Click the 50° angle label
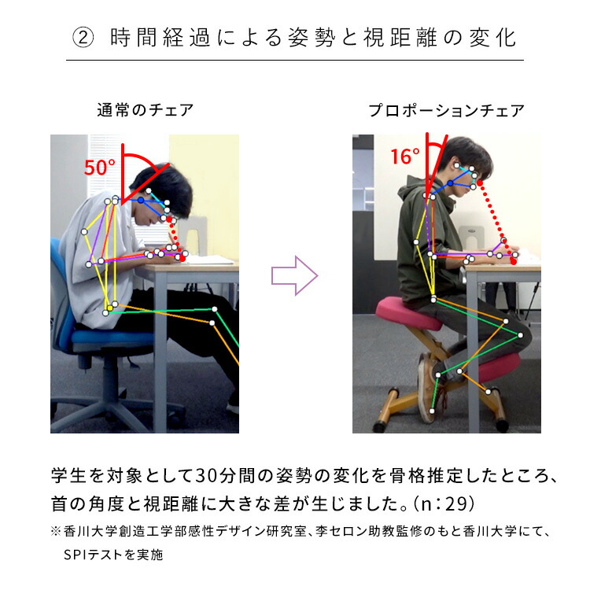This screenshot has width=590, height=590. point(100,167)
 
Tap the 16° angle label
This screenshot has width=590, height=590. point(405,157)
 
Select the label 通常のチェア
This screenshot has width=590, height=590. point(145,110)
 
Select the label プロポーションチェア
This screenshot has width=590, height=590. point(446,111)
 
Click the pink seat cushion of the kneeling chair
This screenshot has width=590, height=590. point(408,310)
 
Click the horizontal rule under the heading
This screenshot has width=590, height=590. point(295,60)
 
